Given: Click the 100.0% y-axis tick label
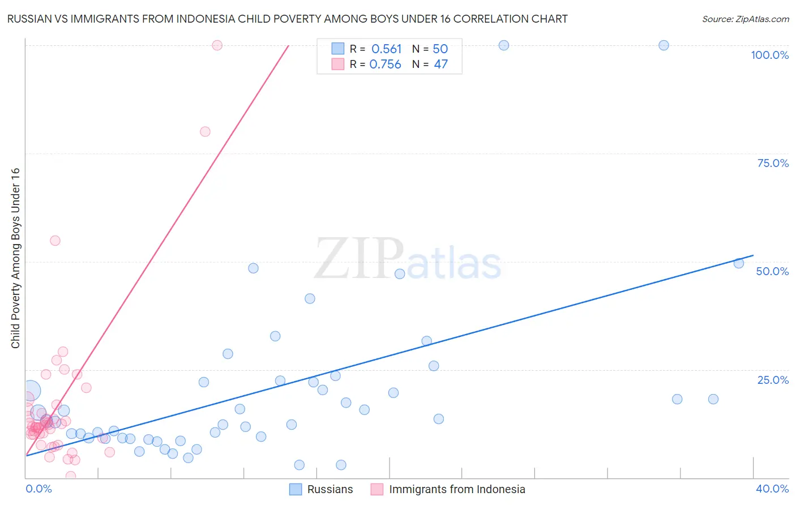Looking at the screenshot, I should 769,55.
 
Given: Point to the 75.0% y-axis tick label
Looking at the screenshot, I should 773,163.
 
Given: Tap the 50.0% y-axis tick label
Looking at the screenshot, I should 772,271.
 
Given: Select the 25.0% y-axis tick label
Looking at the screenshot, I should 773,380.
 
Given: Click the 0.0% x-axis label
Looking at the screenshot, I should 38,489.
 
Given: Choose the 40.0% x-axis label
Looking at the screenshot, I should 772,489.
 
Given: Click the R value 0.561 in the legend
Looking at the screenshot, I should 386,49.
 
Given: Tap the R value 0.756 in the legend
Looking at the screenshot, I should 385,65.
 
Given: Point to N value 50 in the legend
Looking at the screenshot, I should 440,49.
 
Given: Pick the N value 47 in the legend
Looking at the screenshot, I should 440,65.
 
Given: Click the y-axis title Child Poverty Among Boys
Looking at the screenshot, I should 15,258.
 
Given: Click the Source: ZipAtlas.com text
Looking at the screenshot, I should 745,19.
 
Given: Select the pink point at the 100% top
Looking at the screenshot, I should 217,45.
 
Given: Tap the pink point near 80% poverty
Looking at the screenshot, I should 205,131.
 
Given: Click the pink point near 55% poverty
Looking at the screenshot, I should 55,241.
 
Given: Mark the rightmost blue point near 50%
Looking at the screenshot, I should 738,263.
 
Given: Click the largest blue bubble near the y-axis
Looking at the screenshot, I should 31,391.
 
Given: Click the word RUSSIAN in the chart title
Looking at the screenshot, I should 28,19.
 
